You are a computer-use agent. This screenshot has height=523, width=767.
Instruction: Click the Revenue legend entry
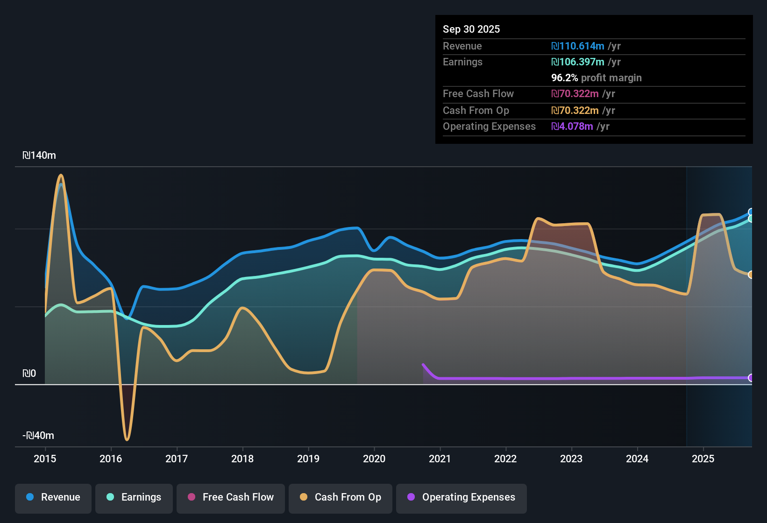[53, 497]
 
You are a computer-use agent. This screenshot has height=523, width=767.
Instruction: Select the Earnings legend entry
[134, 497]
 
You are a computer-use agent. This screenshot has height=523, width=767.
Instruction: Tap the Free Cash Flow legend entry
[231, 497]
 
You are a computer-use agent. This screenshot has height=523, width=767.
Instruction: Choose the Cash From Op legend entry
[341, 497]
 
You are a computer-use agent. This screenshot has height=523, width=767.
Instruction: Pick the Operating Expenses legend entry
[462, 497]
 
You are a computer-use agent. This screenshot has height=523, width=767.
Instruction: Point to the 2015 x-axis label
[45, 459]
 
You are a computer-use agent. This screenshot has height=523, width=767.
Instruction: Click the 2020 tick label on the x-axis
[374, 459]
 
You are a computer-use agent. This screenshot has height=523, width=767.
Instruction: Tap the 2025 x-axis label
[703, 459]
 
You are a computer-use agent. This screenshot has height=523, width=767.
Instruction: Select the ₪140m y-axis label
[39, 155]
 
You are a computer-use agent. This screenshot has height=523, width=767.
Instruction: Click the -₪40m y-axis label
[38, 436]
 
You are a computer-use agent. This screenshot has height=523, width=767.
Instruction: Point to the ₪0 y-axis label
[29, 374]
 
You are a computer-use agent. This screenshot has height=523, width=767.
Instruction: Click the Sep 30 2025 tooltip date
[471, 29]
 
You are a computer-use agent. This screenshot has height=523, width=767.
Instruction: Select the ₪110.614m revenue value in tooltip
[578, 46]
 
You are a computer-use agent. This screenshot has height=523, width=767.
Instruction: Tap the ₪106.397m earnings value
[578, 62]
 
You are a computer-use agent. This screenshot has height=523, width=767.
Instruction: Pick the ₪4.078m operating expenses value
[572, 126]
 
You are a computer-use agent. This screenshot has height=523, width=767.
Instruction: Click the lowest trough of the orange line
[127, 439]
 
